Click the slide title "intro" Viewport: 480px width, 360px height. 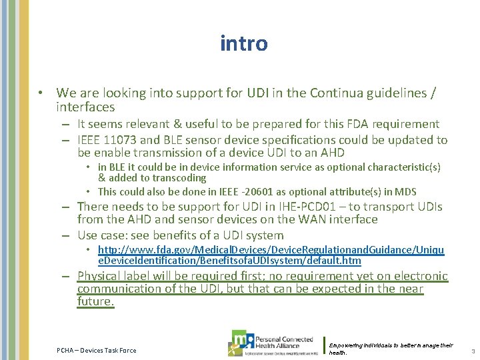coord(244,44)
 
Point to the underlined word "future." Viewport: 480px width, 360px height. coord(95,301)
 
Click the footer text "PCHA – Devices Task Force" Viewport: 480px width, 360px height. coord(96,350)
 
